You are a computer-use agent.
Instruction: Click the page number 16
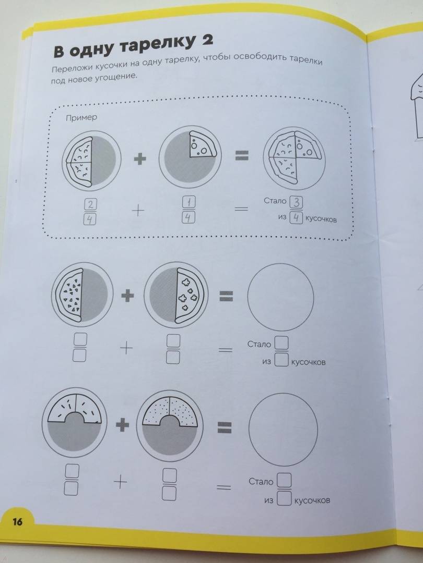pos(17,521)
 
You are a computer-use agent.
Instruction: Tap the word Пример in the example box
pos(81,117)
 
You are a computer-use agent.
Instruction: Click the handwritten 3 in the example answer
pos(296,202)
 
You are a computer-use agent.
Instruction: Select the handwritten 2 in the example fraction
pos(90,205)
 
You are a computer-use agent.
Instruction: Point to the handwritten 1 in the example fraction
pos(189,203)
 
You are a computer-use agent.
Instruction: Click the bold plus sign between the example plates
pos(140,158)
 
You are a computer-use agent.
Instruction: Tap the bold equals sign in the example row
pos(242,155)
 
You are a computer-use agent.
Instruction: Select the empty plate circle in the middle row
pos(280,297)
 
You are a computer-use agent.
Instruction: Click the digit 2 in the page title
pos(207,40)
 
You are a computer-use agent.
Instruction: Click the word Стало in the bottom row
pos(261,482)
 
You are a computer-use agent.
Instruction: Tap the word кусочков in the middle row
pos(308,362)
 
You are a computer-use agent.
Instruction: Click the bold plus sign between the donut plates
pos(122,425)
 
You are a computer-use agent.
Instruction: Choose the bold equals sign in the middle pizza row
pos(227,297)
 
